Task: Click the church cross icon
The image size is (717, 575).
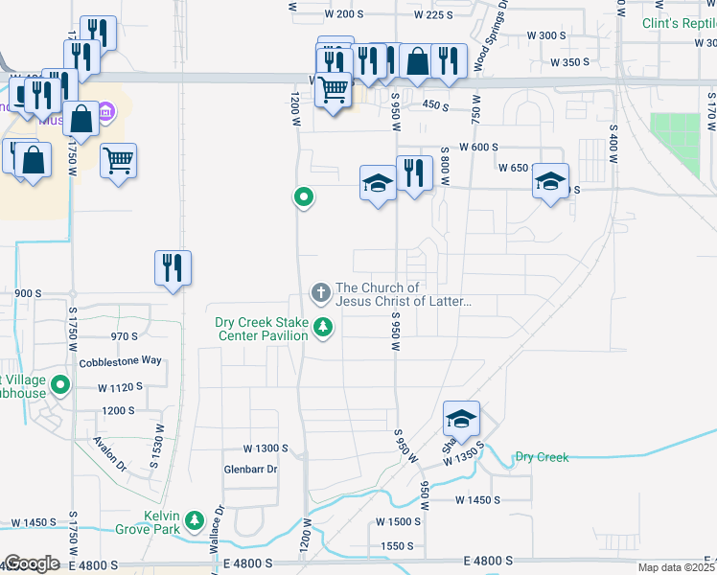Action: tap(319, 290)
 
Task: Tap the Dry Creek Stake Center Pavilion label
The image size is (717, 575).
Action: tap(261, 329)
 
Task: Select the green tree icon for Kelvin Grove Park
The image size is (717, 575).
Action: tap(196, 520)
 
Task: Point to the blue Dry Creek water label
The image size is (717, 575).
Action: tap(542, 457)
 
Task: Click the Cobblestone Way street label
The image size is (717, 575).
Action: tap(121, 362)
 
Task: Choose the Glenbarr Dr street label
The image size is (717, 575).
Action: tap(250, 470)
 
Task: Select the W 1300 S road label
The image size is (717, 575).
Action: tap(266, 448)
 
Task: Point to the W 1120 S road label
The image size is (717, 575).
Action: tap(120, 387)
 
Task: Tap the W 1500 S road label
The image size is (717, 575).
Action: tap(399, 521)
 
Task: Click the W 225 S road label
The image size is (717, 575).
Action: tap(433, 14)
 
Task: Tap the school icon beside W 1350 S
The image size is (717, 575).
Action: tap(461, 419)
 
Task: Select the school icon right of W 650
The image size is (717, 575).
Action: tap(551, 181)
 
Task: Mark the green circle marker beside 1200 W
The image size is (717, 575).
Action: tap(304, 197)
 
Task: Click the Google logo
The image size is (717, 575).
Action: tap(32, 563)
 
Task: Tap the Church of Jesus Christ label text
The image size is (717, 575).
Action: tap(403, 294)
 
